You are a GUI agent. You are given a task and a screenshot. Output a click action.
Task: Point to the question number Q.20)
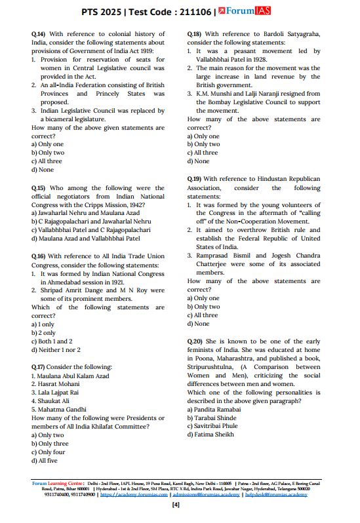(x=195, y=341)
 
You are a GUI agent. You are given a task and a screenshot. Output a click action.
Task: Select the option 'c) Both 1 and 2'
(x=52, y=341)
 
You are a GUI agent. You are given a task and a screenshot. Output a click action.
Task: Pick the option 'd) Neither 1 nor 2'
(x=56, y=350)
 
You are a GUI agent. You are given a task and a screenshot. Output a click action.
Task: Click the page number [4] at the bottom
(x=175, y=505)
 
